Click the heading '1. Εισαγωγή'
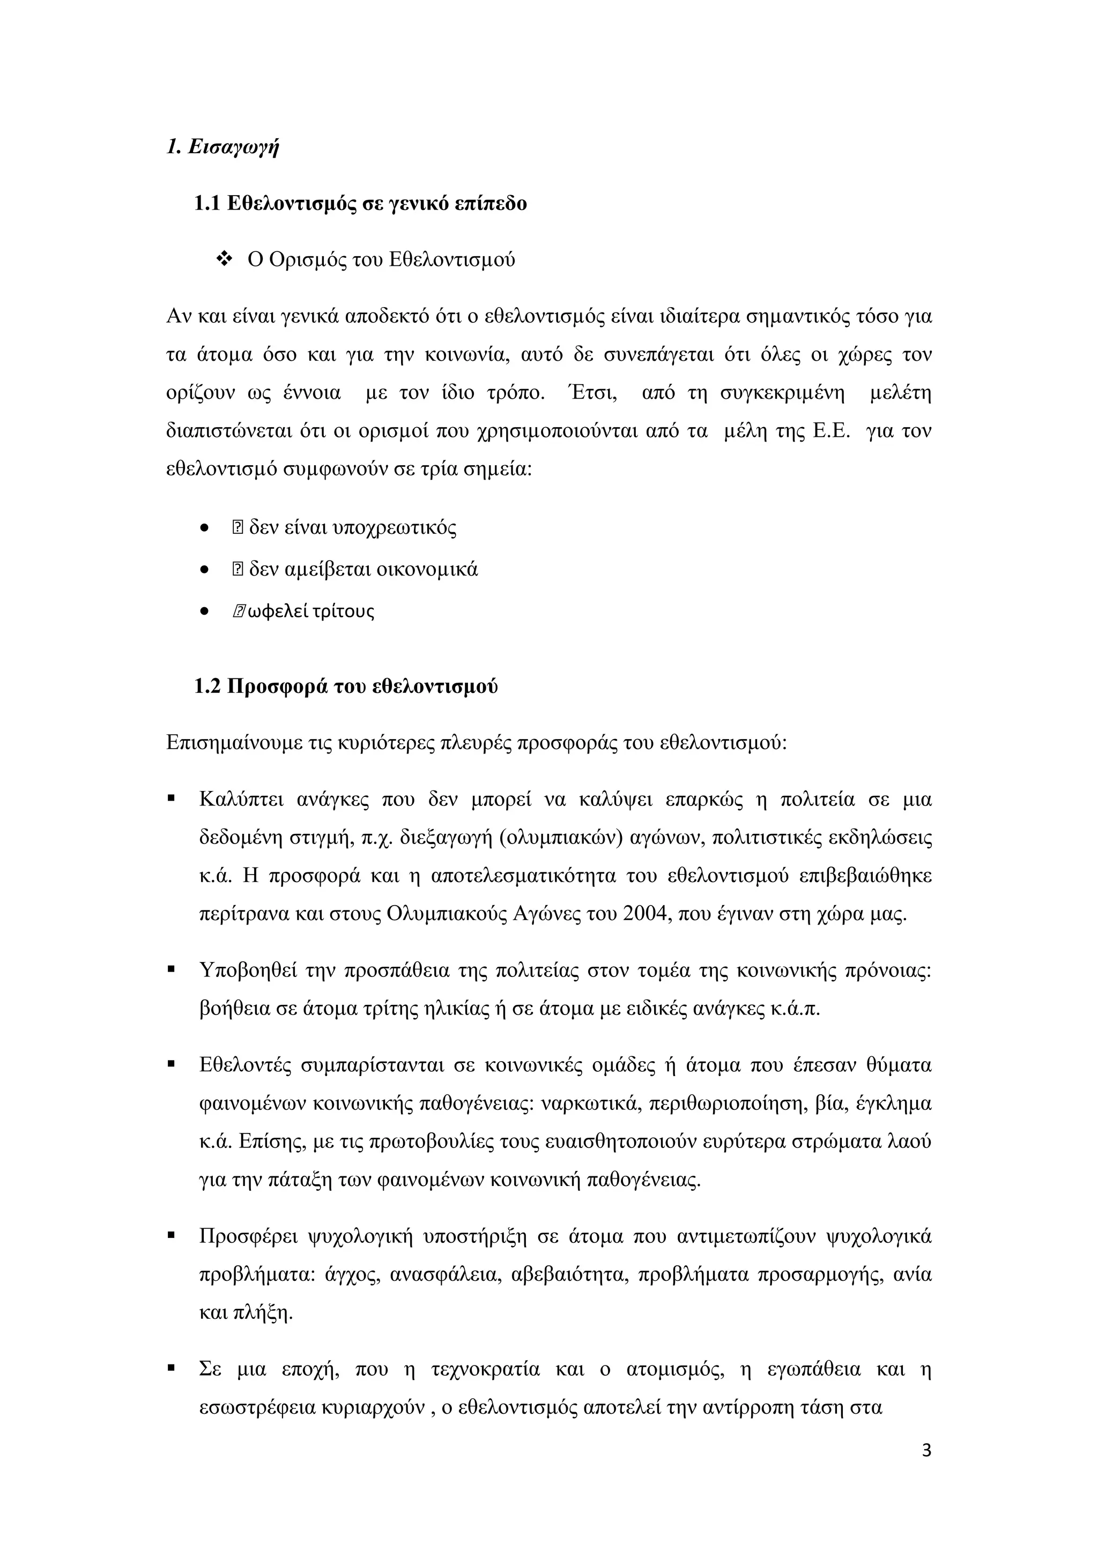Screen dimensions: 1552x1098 (222, 147)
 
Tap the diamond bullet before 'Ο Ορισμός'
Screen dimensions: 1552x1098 (223, 259)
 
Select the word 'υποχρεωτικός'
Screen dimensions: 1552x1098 (394, 527)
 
